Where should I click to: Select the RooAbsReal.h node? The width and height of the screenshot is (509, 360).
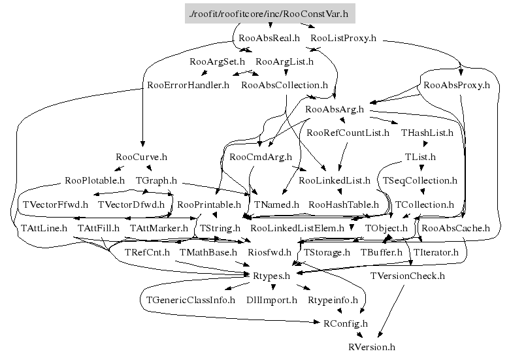point(269,38)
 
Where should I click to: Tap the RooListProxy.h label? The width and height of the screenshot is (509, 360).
point(344,38)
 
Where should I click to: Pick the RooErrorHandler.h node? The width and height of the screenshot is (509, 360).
point(188,85)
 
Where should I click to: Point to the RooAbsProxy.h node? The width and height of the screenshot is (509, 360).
point(457,85)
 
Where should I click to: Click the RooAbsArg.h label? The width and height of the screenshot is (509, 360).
point(334,108)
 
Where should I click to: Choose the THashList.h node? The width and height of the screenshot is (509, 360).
point(427,133)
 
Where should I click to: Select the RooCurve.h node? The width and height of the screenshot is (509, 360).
point(141,157)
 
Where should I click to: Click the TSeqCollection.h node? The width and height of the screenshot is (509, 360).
point(420,180)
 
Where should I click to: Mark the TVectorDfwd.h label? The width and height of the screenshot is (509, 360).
point(131,205)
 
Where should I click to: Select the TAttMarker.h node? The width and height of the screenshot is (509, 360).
point(159,228)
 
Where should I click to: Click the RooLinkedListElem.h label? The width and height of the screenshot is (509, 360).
point(297,228)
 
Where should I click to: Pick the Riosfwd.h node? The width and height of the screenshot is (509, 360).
point(270,252)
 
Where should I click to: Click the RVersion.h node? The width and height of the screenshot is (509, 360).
point(372,347)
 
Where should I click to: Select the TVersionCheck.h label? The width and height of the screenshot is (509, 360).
point(407,276)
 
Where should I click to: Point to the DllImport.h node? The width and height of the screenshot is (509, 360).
point(271,300)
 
